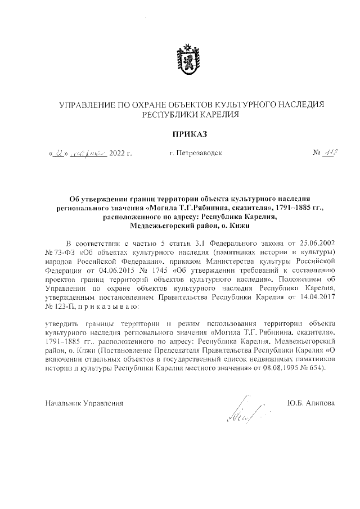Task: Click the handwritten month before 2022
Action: point(85,152)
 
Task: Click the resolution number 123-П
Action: point(62,306)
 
